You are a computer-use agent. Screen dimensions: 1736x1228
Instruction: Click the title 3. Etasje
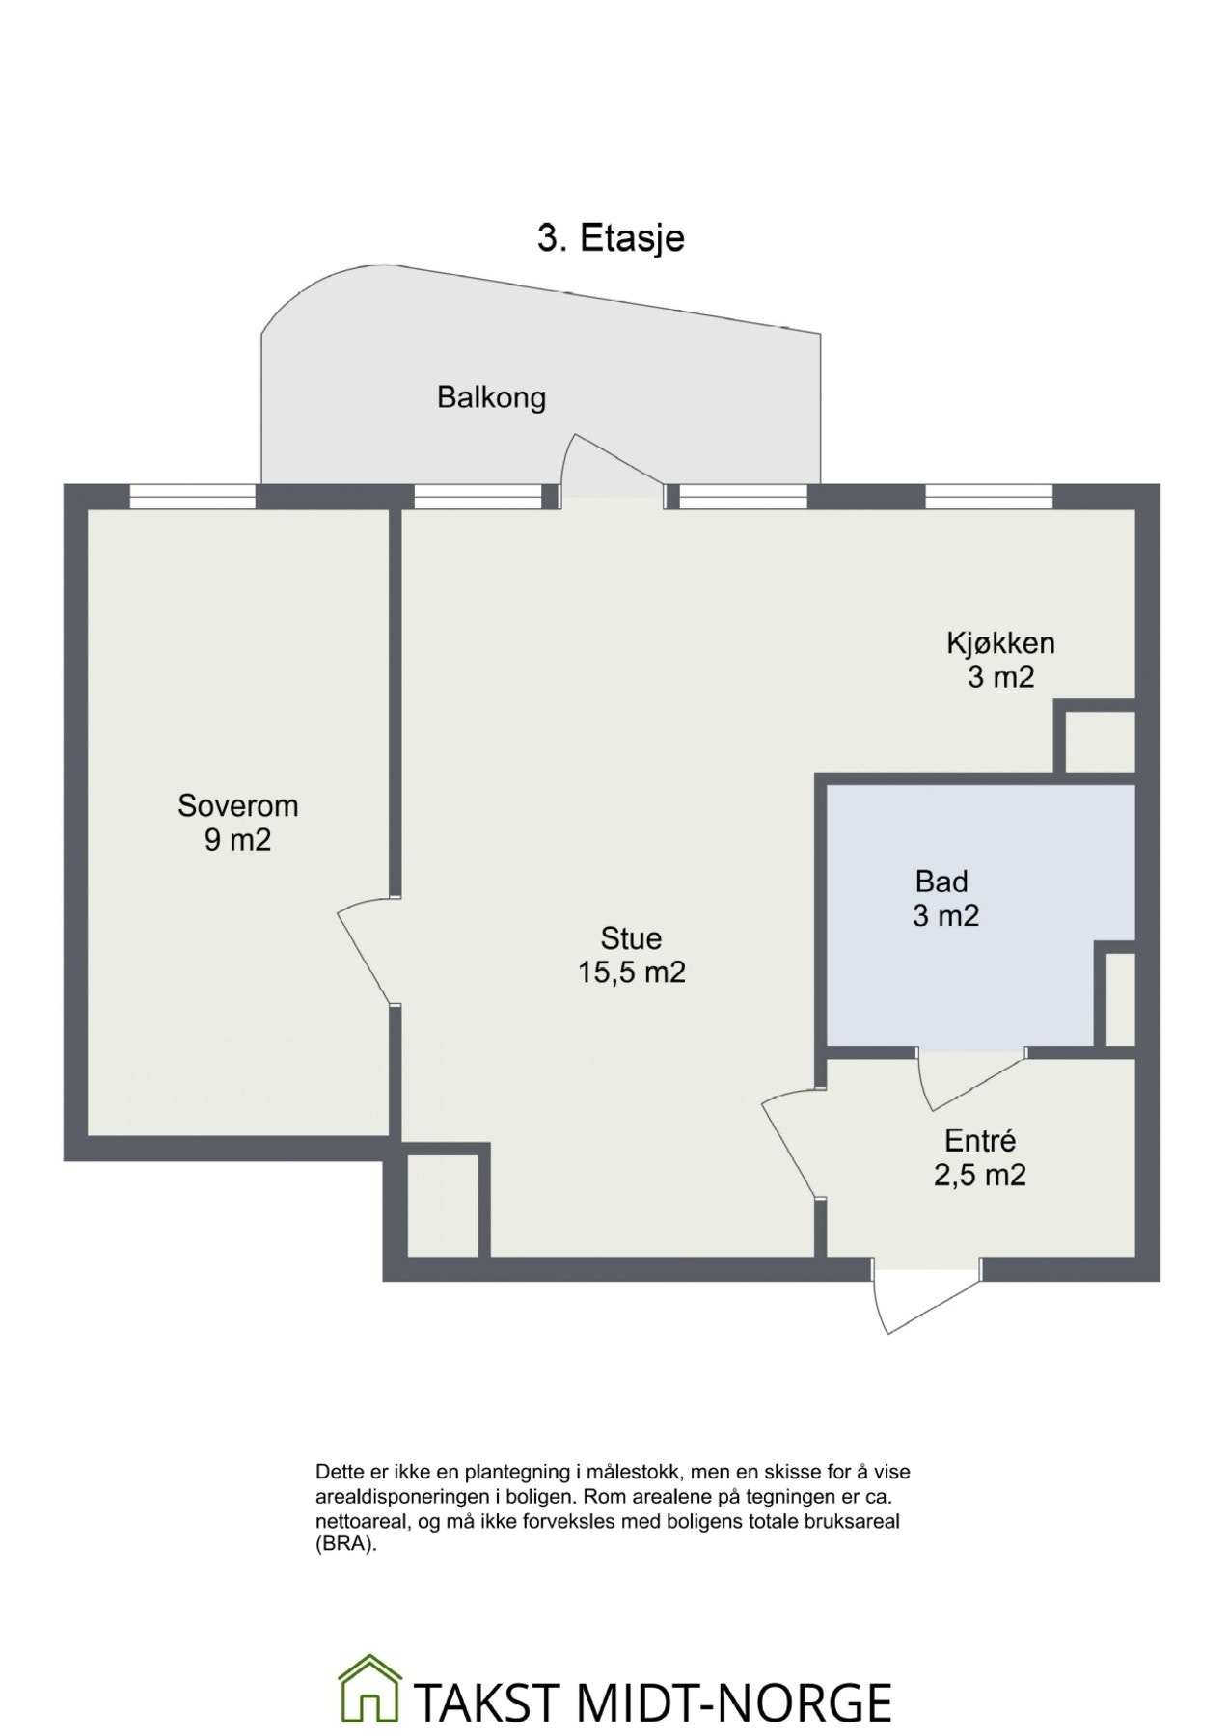tap(611, 238)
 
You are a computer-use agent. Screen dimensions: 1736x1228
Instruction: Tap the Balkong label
tap(491, 397)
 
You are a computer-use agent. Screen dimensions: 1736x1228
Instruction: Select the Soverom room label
tap(237, 805)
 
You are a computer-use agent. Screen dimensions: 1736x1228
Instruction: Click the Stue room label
tap(631, 937)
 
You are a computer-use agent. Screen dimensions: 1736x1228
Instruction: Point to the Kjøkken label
tap(1000, 642)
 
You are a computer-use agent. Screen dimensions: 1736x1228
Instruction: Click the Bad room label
tap(941, 881)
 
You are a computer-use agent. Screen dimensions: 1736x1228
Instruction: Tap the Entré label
tap(979, 1141)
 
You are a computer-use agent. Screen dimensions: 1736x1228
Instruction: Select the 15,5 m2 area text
tap(631, 972)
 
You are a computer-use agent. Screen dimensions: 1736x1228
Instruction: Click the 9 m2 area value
tap(237, 840)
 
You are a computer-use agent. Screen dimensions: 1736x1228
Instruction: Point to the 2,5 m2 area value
tap(979, 1176)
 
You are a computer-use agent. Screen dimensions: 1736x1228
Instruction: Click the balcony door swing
tap(608, 463)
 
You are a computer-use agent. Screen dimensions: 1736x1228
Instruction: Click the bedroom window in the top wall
tap(193, 496)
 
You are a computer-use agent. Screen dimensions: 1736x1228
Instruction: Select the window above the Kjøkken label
tap(989, 496)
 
